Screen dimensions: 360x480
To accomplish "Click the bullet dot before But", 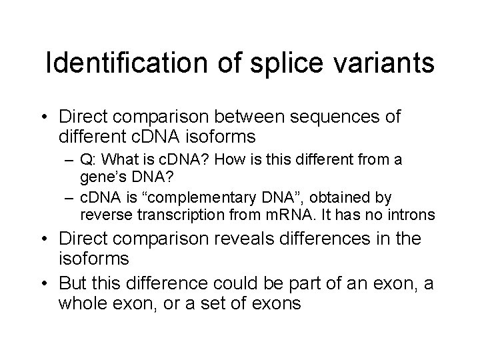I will click(x=49, y=283).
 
